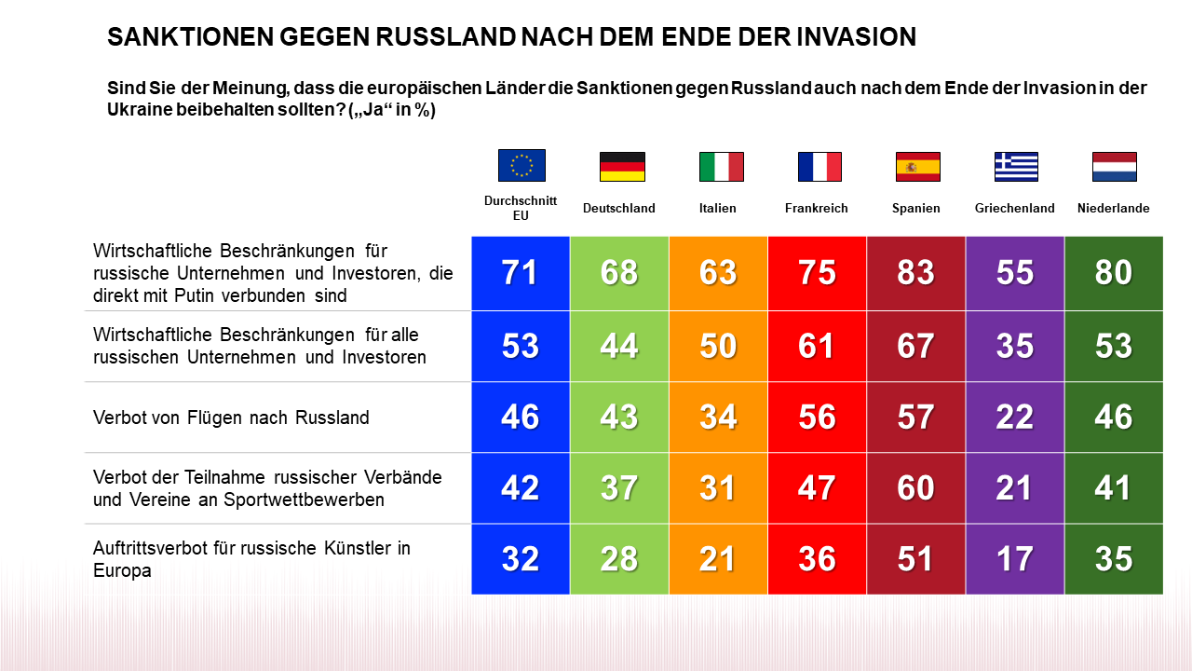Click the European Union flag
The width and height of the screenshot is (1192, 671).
pos(521,165)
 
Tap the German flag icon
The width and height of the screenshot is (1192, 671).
pos(622,166)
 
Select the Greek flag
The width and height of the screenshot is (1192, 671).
pos(1016,166)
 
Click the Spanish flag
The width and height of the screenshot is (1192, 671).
pos(917,166)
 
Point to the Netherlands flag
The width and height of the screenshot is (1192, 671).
pos(1114,166)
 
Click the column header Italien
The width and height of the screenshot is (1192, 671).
pos(717,209)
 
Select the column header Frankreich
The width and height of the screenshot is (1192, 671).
pos(817,209)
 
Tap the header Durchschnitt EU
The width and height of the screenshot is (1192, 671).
pos(521,208)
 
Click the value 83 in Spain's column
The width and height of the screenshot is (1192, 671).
pos(915,273)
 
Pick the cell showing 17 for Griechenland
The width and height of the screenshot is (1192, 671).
pos(1014,559)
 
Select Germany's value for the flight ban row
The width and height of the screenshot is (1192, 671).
pos(619,417)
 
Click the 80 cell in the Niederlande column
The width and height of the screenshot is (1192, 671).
pos(1114,273)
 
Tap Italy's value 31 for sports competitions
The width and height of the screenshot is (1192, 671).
pos(718,488)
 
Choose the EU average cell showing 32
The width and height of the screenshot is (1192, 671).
pos(521,559)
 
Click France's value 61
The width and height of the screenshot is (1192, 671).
pos(817,346)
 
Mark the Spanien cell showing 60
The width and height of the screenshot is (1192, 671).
pos(915,488)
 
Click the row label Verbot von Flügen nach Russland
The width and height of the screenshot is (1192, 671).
pos(231,418)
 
